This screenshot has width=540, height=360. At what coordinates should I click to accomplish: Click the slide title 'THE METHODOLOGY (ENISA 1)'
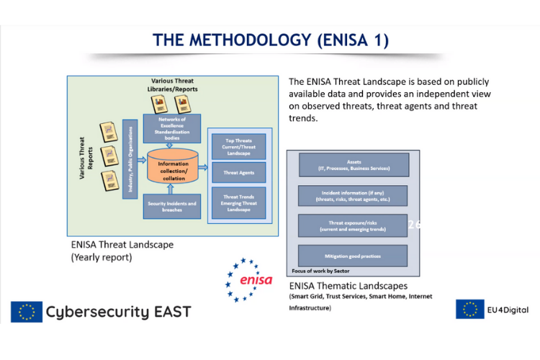270,40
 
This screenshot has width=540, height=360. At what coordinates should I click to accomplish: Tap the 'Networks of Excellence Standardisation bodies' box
171,127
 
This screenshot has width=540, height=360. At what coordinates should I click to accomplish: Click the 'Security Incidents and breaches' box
171,206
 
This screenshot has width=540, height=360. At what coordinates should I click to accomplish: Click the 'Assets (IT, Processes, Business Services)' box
353,166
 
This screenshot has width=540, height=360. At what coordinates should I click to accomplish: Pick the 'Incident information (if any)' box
353,195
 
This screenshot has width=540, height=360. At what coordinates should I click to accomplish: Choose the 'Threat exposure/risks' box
353,225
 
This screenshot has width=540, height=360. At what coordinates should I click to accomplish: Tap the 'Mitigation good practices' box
353,255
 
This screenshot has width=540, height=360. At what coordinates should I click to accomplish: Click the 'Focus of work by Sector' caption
320,271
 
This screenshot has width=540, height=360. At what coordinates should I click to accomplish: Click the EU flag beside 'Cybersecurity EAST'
26,311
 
